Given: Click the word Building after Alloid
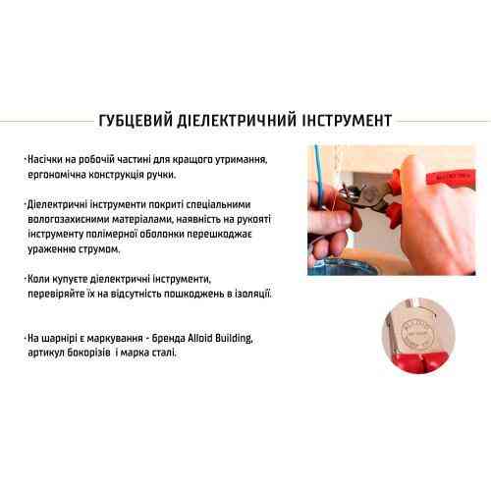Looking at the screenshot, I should [x=237, y=339].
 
